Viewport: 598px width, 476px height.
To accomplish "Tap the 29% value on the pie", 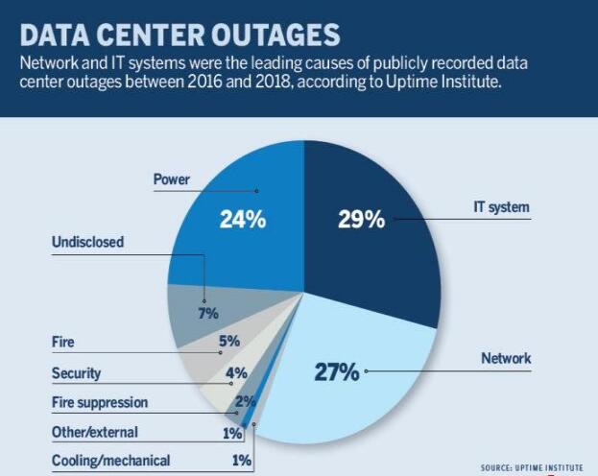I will pos(361,219).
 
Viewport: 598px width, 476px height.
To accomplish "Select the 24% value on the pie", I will pos(241,219).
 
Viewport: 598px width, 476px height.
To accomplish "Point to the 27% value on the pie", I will pos(337,372).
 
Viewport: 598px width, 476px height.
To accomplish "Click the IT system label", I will pos(501,206).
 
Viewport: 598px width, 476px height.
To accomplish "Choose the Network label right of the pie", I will pos(506,359).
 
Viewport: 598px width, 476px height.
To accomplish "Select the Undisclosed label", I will pos(87,243).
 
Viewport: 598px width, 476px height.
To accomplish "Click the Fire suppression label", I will pos(100,402).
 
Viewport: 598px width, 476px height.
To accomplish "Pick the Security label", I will pos(76,372).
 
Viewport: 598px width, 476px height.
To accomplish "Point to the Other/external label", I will pos(94,432).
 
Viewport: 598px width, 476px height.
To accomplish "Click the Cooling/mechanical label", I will pos(110,461).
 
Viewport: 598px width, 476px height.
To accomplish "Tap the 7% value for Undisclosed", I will pos(208,313).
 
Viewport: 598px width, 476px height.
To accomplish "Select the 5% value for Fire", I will pos(228,341).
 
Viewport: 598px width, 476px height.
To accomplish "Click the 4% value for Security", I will pos(236,372).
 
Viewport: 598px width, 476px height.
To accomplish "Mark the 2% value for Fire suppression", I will pos(245,402).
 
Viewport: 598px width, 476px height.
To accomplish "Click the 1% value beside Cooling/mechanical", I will pos(242,461).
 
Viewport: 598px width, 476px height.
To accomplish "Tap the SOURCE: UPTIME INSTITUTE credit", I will pos(531,467).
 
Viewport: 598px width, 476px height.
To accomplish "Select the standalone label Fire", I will pos(63,341).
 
